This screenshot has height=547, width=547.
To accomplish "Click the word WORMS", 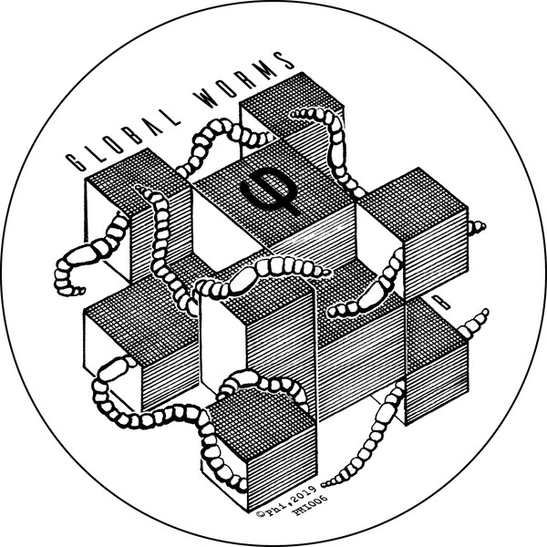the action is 244,80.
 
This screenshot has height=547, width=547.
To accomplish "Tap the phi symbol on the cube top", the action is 271,191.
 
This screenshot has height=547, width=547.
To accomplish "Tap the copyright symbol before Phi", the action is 260,513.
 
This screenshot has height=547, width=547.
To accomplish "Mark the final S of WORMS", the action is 285,60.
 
